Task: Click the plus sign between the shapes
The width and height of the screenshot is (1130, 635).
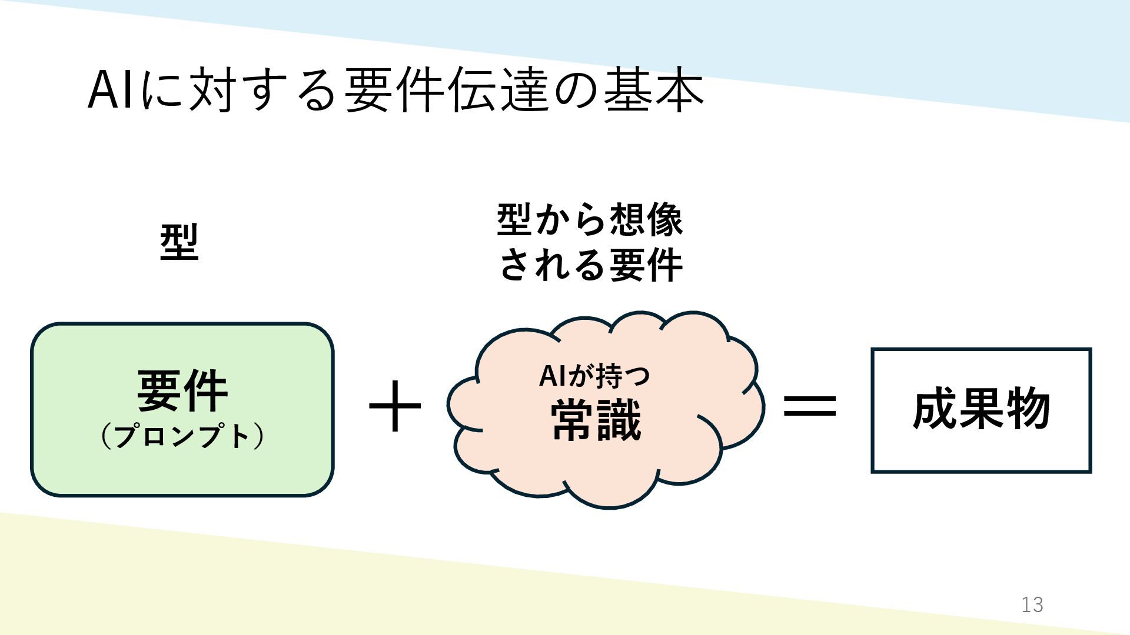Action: point(395,406)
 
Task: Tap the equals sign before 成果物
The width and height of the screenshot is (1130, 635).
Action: point(810,406)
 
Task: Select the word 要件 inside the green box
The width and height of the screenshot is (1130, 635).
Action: point(182,391)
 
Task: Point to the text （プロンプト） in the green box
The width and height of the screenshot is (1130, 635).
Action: point(182,436)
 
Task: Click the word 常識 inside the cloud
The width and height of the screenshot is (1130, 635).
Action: point(596,420)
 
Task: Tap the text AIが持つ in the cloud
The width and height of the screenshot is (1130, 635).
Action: point(594,376)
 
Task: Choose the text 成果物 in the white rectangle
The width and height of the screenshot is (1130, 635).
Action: point(981,409)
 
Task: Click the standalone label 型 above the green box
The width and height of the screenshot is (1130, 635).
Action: point(180,242)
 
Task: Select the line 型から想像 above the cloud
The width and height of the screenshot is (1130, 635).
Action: point(590,220)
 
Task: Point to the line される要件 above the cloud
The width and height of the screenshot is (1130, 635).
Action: point(590,265)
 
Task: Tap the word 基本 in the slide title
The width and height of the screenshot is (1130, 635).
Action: point(653,91)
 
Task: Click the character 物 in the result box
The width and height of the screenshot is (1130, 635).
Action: point(1028,409)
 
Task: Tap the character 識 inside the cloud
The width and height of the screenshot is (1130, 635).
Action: point(619,420)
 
